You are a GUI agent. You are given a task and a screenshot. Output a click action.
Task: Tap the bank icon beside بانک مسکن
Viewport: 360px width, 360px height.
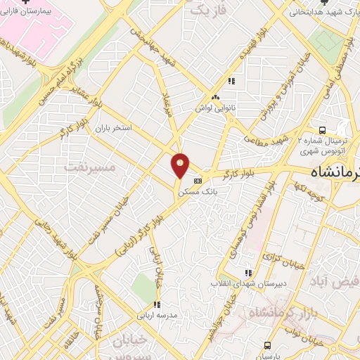198,179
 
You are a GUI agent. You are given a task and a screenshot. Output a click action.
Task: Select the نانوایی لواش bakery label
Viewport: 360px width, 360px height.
214,109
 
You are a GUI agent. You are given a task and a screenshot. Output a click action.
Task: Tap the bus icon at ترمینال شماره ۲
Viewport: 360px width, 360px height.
322,130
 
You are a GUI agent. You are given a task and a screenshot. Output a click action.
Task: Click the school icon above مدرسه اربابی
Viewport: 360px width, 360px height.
157,304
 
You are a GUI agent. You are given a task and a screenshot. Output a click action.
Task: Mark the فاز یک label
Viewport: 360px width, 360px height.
211,11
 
